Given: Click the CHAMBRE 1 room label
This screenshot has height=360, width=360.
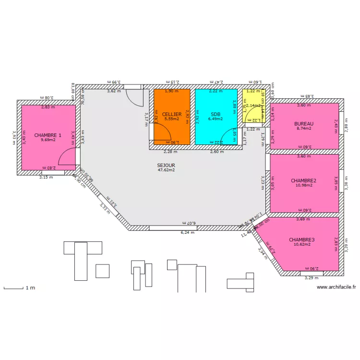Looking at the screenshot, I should (48, 135).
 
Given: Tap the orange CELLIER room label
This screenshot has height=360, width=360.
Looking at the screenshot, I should (171, 114).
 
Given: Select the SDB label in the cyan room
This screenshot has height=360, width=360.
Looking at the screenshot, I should (216, 114).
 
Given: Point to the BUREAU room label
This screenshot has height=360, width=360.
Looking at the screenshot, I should (303, 123).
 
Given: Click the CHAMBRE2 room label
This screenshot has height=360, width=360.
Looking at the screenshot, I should (303, 180).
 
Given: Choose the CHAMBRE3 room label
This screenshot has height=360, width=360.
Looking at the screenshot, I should (301, 239).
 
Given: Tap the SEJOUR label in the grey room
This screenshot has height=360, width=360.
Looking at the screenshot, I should (166, 165).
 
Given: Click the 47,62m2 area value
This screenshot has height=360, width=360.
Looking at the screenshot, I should (166, 170).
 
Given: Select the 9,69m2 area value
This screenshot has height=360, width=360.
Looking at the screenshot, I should (48, 140).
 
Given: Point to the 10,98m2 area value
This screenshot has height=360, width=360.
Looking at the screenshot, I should (303, 186).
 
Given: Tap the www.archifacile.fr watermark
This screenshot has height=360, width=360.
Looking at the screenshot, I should (336, 287).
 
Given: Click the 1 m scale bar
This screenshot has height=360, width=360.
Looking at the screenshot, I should (14, 288).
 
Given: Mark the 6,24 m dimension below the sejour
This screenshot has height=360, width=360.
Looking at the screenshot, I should (187, 232).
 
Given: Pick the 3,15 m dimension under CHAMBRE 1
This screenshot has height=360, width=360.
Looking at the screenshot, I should (46, 177).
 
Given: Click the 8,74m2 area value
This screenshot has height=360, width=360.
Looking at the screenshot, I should (303, 129).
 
